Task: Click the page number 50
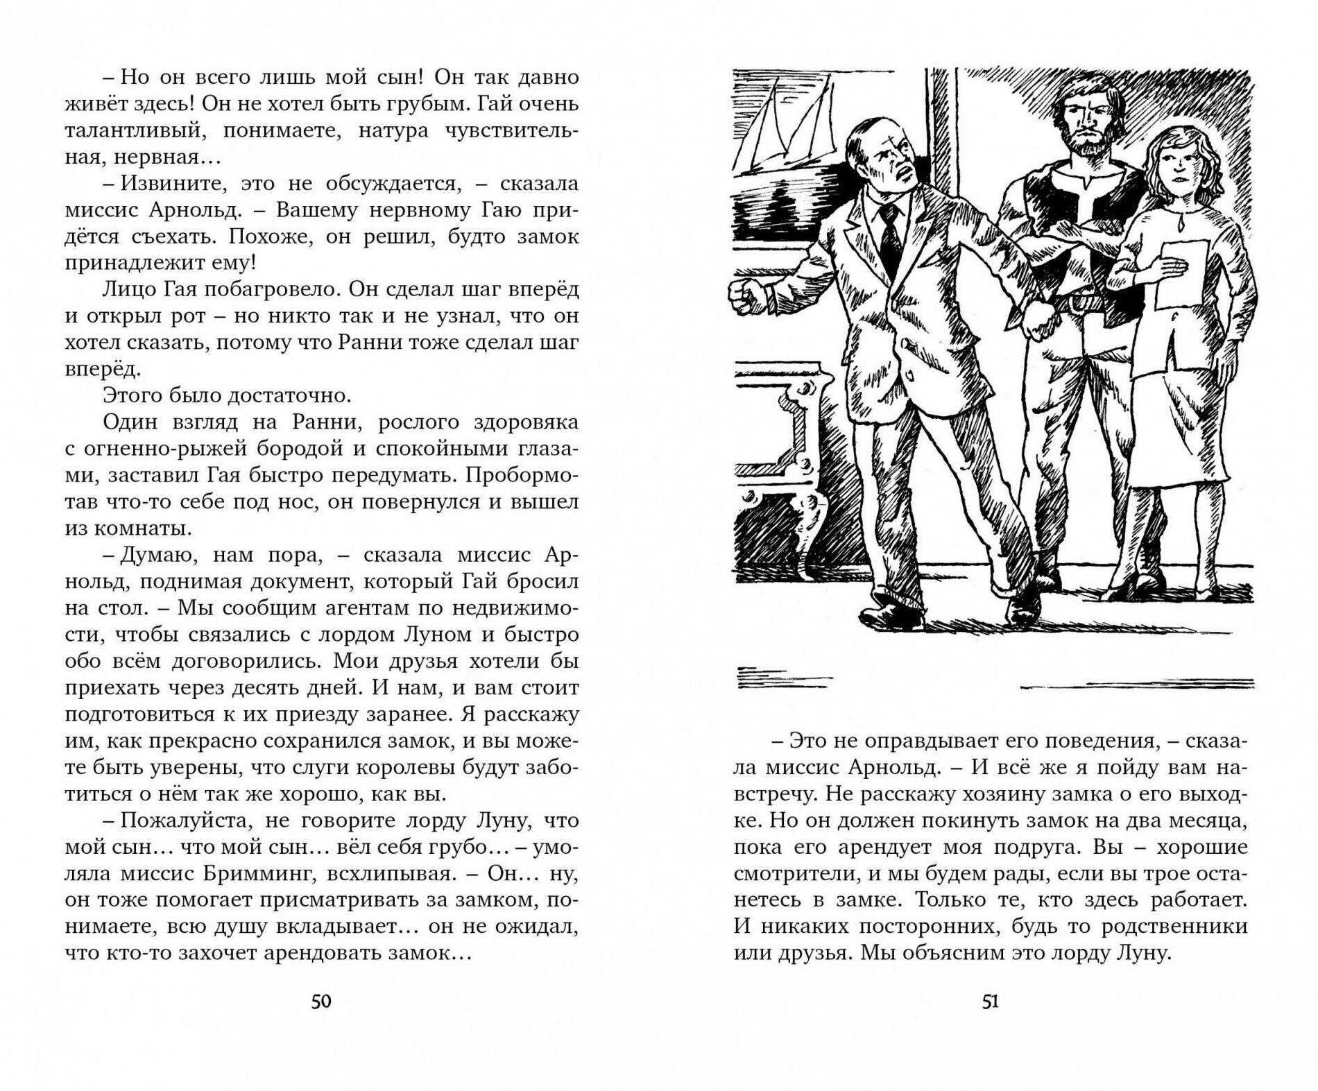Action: click(x=321, y=1002)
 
